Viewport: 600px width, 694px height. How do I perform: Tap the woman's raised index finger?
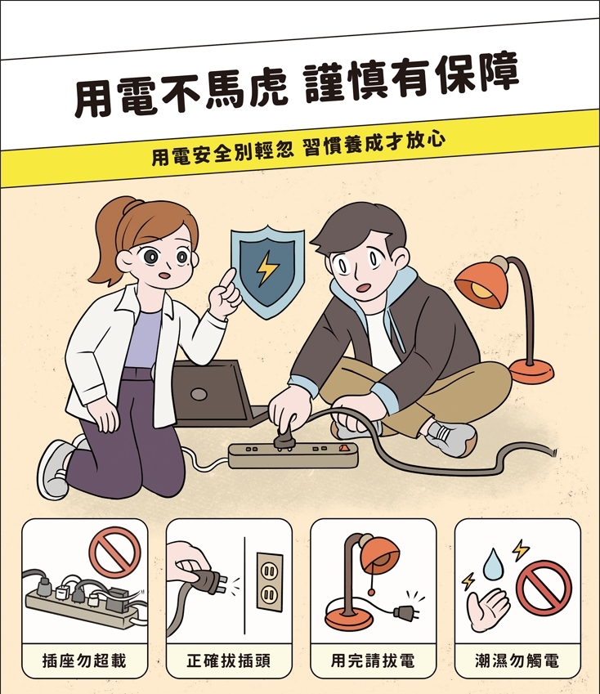(228, 279)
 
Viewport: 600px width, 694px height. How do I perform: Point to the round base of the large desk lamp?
(531, 371)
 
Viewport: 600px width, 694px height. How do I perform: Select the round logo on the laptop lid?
(199, 394)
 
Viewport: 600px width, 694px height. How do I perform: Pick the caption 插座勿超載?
(84, 660)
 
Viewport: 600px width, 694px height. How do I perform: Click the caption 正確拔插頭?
(228, 660)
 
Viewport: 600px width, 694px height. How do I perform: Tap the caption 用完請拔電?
(373, 660)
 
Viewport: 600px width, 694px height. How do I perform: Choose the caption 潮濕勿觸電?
(517, 660)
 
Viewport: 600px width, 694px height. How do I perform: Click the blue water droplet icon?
(490, 565)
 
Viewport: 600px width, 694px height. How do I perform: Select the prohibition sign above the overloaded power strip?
(115, 553)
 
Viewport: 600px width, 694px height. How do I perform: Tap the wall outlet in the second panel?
(270, 581)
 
